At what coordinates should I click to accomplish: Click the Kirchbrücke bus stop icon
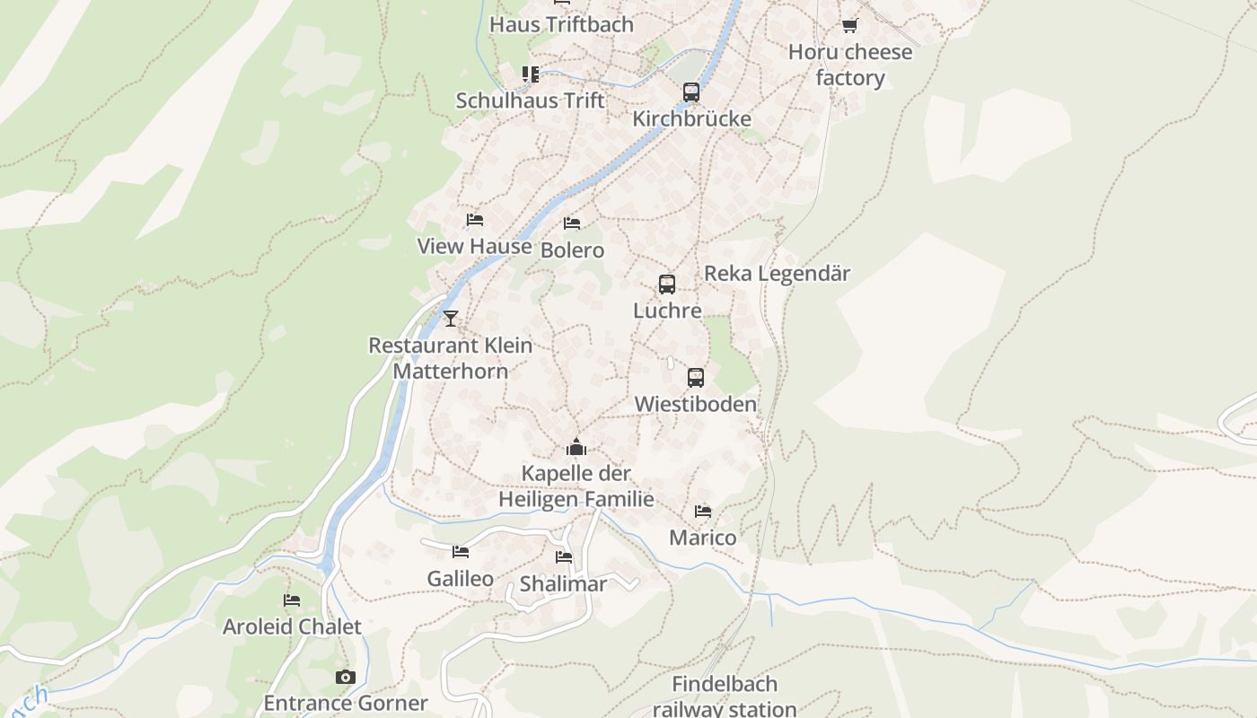coord(690,92)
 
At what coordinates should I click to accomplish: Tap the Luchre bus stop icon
coord(666,285)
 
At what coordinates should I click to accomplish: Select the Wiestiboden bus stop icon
coord(696,378)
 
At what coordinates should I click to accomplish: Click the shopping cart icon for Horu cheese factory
coord(849,25)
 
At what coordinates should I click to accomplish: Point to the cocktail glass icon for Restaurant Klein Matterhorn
coord(451,318)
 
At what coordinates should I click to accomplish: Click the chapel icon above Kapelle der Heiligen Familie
coord(576,446)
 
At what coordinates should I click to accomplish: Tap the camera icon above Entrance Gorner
coord(346,677)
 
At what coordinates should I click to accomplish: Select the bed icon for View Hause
coord(475,220)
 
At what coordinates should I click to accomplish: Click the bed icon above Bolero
coord(572,223)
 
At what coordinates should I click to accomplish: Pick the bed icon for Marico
coord(703,512)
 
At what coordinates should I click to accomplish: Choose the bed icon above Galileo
coord(461,552)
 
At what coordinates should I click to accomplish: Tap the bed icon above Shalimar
coord(564,557)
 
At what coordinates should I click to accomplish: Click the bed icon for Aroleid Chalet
coord(292,600)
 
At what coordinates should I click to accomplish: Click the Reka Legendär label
coord(777,273)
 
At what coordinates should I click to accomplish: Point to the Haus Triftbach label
coord(561,24)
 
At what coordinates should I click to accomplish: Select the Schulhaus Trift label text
coord(530,101)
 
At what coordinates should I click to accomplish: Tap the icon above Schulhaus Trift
coord(531,74)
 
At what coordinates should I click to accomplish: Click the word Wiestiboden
coord(696,404)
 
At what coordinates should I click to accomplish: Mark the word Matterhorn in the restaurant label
coord(450,371)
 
